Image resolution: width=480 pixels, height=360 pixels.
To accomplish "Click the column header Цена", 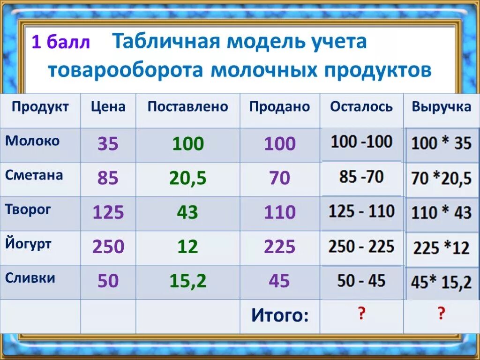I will click(108, 107).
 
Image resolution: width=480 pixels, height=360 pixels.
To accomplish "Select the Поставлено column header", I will click(187, 107).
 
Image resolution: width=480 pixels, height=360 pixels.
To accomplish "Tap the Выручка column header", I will click(441, 107).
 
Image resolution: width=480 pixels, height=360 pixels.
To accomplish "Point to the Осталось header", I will click(361, 107).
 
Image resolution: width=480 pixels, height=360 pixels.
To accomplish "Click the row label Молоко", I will click(32, 141).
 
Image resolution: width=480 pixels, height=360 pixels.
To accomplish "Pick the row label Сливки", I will click(30, 278).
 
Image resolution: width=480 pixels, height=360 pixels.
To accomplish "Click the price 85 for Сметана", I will click(108, 178).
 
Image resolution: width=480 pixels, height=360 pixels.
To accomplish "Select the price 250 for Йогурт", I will click(108, 247).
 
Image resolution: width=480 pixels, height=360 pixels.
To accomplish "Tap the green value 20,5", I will click(188, 178).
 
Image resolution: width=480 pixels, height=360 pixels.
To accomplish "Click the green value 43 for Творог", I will click(187, 213).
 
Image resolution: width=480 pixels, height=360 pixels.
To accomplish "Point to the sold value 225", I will click(280, 247).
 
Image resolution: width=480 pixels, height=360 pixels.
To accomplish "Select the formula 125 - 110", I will click(361, 211).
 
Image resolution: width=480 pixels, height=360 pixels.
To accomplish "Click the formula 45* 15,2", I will click(441, 283).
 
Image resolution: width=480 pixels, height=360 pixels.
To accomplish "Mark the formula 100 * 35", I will click(441, 143).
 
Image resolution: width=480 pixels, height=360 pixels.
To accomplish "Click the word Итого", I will click(280, 315).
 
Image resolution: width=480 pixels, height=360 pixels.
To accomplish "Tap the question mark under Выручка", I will click(441, 314).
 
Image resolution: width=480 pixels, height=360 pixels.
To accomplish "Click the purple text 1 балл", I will click(60, 43).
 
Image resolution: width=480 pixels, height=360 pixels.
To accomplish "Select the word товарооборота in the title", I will click(125, 70).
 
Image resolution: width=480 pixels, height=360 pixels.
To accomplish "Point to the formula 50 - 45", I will click(361, 281).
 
